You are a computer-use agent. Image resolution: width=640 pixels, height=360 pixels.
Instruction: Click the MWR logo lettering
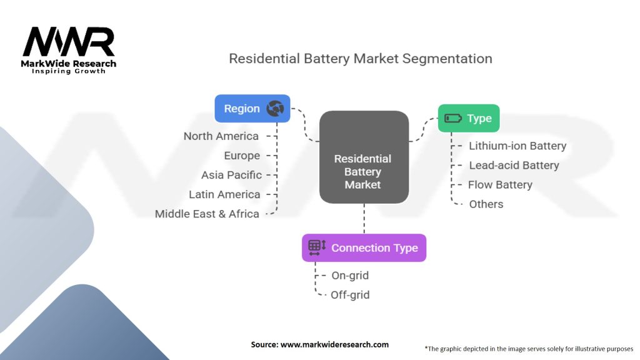[x=69, y=41]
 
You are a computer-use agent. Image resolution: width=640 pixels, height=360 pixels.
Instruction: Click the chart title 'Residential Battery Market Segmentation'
[x=361, y=59]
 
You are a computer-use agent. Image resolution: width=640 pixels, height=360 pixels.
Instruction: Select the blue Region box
[x=252, y=109]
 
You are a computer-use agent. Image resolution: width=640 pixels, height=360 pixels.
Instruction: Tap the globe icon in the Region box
[x=275, y=109]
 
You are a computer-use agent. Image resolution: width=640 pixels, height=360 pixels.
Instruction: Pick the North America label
[x=221, y=136]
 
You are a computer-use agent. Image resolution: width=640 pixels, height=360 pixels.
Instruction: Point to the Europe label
[x=242, y=156]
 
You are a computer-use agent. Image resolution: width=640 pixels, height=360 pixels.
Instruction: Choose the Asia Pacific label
[x=231, y=175]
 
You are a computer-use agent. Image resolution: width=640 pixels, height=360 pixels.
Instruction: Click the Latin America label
[x=224, y=194]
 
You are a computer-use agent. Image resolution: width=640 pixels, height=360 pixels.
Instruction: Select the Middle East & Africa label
[x=207, y=214]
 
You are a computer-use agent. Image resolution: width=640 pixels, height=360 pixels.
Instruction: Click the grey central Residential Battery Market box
[x=364, y=157]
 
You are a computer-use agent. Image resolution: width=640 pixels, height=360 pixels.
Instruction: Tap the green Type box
[x=469, y=118]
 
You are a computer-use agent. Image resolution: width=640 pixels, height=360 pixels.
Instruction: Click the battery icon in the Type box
[x=452, y=118]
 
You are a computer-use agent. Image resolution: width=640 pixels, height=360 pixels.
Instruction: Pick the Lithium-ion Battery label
[x=517, y=146]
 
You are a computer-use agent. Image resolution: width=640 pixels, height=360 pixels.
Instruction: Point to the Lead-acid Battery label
[x=514, y=165]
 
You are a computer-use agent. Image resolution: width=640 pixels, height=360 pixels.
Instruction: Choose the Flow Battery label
[x=500, y=185]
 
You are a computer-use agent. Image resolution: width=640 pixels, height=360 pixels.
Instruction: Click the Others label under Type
[x=486, y=204]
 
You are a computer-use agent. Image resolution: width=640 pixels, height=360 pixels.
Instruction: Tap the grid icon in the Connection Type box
[x=317, y=247]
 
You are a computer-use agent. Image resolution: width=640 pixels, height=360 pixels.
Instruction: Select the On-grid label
[x=350, y=276]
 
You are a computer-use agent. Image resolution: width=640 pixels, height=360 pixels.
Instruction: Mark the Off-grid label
[x=350, y=295]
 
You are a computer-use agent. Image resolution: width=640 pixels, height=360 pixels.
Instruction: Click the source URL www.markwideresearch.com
[x=334, y=344]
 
